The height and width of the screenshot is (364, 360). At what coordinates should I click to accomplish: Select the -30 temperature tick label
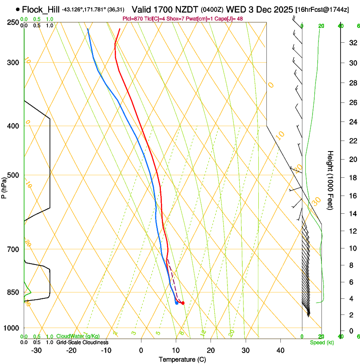37,350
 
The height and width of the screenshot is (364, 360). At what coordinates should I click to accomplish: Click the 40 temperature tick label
280,350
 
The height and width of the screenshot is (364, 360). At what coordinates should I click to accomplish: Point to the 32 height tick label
352,43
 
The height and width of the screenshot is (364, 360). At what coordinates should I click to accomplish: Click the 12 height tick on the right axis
352,231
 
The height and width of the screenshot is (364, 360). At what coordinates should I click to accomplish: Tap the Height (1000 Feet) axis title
330,180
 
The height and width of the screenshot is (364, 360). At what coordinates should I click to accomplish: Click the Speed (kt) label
321,342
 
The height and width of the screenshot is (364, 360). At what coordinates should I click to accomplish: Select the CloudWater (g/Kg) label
78,336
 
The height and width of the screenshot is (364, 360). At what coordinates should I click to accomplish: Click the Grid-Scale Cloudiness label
82,342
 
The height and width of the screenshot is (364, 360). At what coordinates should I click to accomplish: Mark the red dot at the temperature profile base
183,303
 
